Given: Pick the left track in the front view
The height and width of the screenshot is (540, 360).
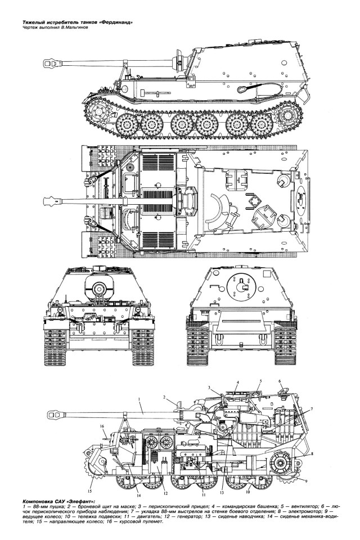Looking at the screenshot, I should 56,344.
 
